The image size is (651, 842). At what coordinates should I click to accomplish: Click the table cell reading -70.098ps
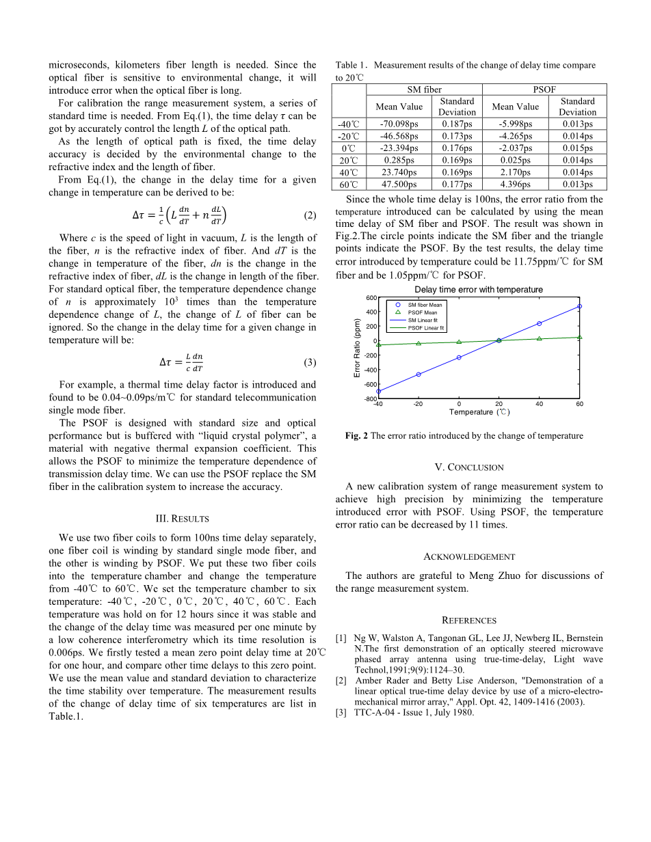point(399,124)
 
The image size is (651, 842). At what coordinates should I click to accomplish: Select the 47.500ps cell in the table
point(399,185)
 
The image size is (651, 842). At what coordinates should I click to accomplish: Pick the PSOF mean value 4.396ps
point(516,185)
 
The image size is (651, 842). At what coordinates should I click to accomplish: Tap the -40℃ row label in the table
point(349,124)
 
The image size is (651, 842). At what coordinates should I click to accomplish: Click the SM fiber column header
point(424,90)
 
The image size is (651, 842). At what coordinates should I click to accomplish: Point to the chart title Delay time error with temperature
point(479,290)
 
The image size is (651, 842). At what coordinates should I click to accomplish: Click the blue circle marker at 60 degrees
point(579,306)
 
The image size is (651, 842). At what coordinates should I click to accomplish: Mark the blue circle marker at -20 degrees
point(418,375)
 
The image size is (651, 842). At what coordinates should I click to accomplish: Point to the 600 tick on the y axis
point(371,298)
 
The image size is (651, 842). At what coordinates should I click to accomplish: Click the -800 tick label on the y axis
point(370,398)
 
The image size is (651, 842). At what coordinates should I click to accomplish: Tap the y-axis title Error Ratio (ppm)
point(357,348)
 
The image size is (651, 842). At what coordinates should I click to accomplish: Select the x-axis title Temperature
point(479,412)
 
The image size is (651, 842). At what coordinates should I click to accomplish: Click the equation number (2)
point(309,215)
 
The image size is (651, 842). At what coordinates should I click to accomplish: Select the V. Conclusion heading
point(469,467)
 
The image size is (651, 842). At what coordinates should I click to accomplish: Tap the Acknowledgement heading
point(469,557)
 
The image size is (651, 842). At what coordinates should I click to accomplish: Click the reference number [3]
point(341,713)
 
